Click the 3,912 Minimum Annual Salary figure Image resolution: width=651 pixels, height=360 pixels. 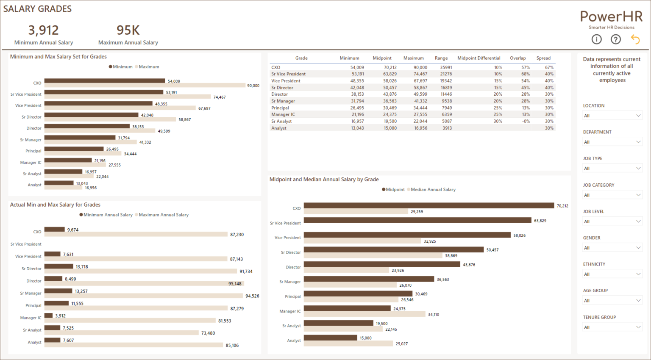click(43, 30)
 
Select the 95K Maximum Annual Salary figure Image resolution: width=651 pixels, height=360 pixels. click(128, 30)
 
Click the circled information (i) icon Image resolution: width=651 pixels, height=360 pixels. click(596, 39)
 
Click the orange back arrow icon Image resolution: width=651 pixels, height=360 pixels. click(635, 39)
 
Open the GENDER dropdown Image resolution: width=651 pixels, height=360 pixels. click(612, 248)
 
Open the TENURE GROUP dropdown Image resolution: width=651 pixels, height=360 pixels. click(612, 327)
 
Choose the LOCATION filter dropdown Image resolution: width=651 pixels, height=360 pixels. click(612, 116)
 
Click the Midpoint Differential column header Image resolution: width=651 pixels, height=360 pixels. click(479, 58)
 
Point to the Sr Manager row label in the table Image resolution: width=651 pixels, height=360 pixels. click(283, 101)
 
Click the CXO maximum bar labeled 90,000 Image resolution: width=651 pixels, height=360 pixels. click(145, 86)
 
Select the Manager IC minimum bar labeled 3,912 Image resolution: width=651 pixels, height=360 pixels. click(48, 316)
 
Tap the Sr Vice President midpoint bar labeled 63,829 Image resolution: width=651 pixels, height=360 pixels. click(417, 220)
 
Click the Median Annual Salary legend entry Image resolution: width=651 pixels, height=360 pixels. click(433, 190)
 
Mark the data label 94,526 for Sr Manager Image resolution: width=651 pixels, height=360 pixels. click(252, 296)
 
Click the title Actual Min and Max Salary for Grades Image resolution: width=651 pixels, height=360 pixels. click(55, 205)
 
